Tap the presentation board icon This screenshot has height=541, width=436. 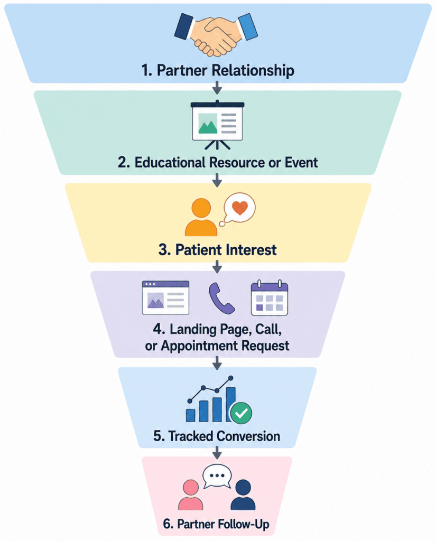[218, 125]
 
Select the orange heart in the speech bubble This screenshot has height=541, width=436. [240, 208]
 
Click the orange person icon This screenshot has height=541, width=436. [201, 217]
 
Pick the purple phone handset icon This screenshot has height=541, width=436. [221, 299]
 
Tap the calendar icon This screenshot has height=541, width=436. [270, 298]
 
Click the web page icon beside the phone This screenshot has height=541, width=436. [166, 297]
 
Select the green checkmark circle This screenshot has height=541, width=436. [241, 413]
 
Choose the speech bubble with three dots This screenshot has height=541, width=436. [217, 477]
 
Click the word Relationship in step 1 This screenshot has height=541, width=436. [253, 70]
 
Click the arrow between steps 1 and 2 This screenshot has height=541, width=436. [217, 88]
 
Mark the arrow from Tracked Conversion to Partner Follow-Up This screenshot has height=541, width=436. [217, 453]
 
